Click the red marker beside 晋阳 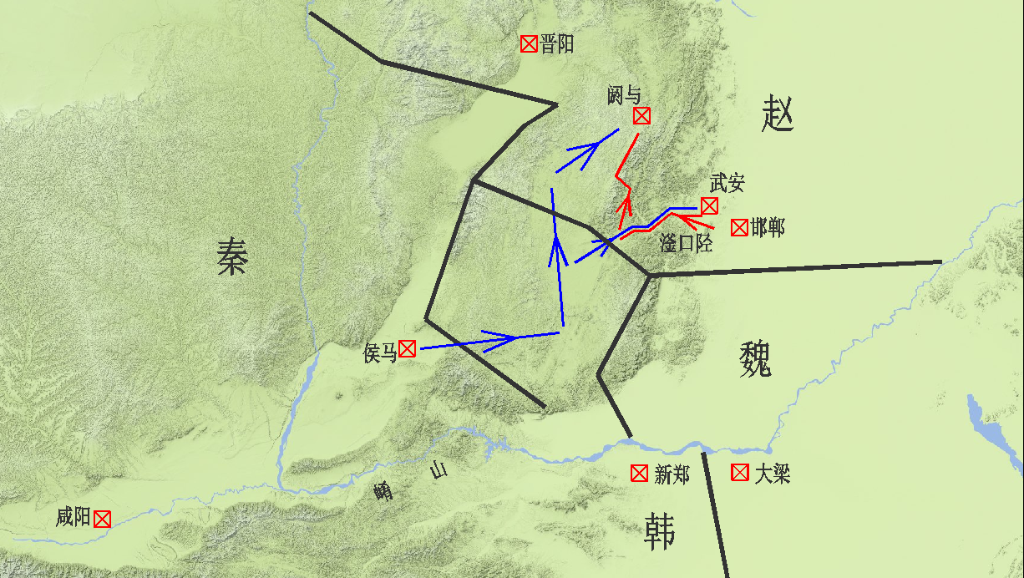529,44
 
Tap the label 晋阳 557,44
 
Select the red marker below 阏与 641,116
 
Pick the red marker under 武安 709,205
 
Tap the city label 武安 727,183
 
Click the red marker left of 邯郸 739,227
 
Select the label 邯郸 768,227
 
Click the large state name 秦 232,256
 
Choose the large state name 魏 755,359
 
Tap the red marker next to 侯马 408,349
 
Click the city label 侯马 380,353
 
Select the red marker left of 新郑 639,474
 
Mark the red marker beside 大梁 739,473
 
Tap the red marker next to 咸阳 102,519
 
